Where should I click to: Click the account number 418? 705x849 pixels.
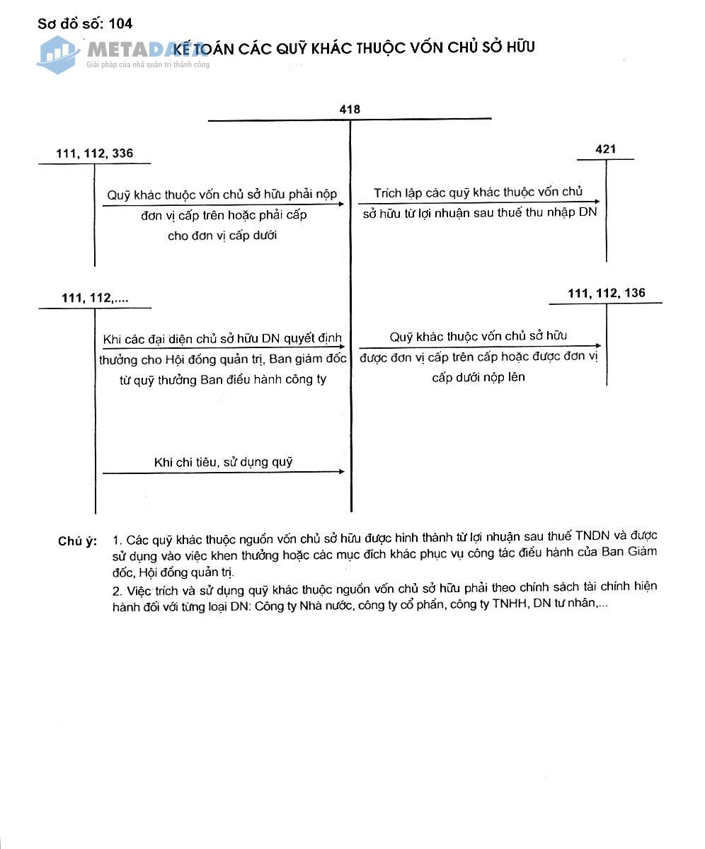(350, 110)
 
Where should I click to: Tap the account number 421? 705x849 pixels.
(606, 149)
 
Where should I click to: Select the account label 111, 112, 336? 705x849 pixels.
(94, 154)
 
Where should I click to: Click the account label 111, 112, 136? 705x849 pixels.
(606, 293)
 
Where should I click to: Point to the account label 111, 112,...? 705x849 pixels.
(95, 299)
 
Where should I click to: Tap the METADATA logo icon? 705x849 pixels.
(58, 54)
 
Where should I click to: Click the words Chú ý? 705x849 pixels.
(77, 542)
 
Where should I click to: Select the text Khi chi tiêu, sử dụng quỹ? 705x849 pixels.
(223, 462)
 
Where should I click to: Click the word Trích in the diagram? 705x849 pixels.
(387, 192)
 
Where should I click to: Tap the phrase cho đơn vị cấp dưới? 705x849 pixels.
(222, 236)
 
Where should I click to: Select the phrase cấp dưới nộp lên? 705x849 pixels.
(478, 377)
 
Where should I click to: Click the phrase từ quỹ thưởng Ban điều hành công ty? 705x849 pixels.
(223, 379)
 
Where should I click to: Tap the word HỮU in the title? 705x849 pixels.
(520, 47)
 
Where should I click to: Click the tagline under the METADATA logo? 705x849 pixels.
(147, 65)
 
